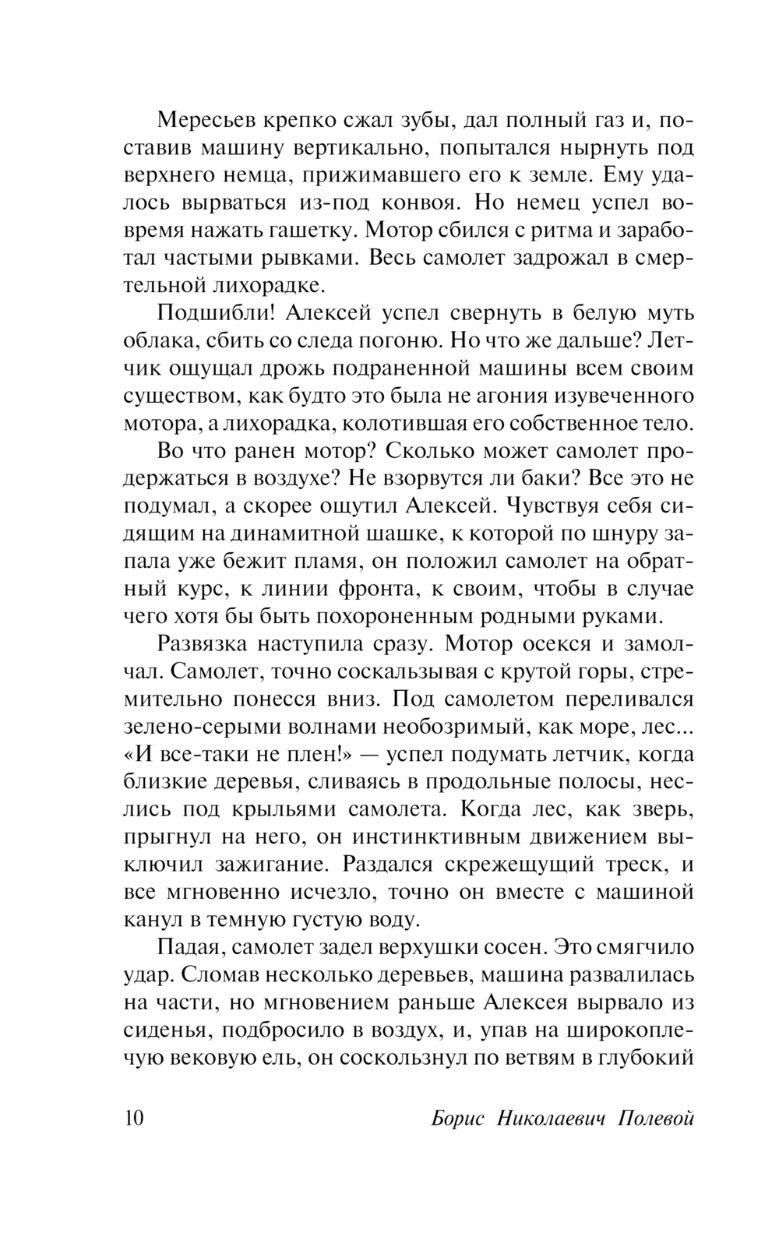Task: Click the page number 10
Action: coord(134,1118)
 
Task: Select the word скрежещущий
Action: coord(533,864)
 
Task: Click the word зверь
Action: coord(659,809)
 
